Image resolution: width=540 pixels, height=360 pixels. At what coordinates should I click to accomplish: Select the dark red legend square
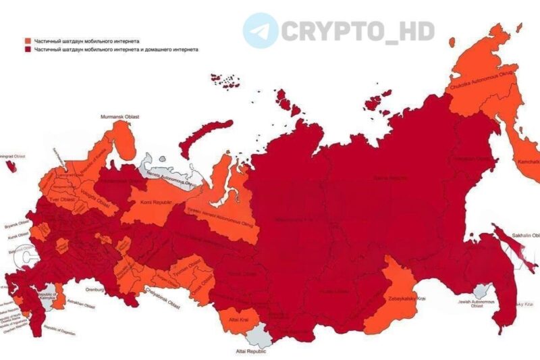click(28, 50)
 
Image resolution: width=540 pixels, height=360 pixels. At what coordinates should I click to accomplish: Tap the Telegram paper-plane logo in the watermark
click(261, 30)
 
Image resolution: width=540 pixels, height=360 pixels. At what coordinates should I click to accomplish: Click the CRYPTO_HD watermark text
click(358, 31)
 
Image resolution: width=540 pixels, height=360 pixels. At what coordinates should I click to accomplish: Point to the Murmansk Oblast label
click(120, 117)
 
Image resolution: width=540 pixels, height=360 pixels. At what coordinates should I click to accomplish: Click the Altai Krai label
click(237, 317)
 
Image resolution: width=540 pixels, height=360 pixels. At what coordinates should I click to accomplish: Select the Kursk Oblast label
click(13, 234)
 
